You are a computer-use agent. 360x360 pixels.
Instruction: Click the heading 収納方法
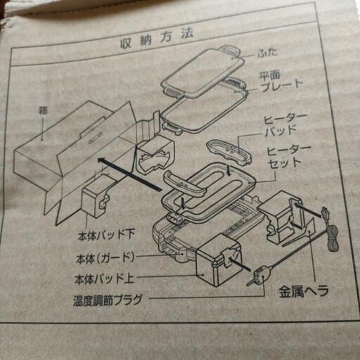point(157,39)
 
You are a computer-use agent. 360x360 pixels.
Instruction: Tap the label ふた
point(267,53)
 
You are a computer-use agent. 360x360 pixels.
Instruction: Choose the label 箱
point(43,111)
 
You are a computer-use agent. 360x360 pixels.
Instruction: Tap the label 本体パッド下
point(106,236)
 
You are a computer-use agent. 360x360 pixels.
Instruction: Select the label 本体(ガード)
point(105,259)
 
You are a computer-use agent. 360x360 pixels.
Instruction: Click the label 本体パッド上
point(104,279)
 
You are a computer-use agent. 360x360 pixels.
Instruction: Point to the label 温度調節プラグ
point(108,300)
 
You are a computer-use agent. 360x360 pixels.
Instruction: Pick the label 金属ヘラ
point(304,292)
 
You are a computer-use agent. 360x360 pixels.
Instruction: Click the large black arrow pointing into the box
point(130,174)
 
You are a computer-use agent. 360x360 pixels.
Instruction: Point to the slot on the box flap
point(96,138)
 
